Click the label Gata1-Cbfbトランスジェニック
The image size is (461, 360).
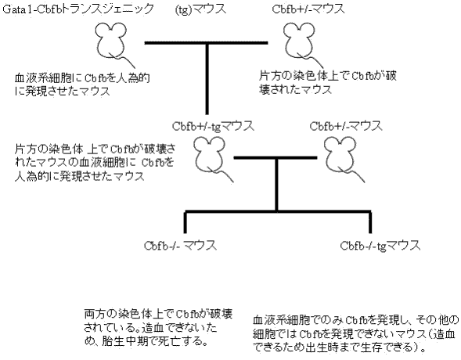coord(78,9)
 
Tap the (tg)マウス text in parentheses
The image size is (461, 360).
coord(200,9)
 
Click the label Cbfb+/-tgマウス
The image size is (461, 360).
coord(213,126)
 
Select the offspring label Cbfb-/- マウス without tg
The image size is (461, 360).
coord(180,246)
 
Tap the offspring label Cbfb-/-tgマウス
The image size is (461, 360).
coord(380,246)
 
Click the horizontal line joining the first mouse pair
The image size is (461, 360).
coord(206,43)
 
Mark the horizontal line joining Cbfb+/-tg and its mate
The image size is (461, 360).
coord(276,158)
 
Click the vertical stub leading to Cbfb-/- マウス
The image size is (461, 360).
coord(185,222)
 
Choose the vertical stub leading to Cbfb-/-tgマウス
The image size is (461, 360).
coord(370,222)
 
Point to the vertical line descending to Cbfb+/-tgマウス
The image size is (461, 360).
coord(207,79)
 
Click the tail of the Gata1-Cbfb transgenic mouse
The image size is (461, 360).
coord(123,60)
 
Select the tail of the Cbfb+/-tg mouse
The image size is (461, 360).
coord(221,175)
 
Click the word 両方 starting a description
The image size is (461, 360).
coord(93,314)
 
